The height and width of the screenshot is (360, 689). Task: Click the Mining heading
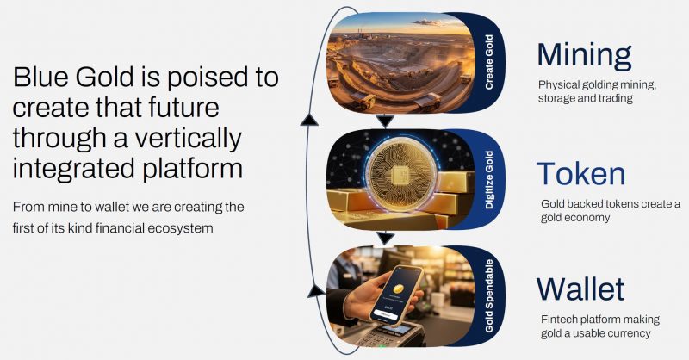(x=584, y=54)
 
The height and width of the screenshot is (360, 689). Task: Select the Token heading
(x=580, y=173)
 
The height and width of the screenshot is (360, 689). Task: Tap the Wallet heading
(x=580, y=289)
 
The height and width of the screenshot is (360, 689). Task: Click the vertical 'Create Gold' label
(x=487, y=63)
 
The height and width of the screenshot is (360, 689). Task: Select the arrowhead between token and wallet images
(x=385, y=238)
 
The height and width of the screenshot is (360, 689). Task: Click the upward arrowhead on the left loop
(x=307, y=120)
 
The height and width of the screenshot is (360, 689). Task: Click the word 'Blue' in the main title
(x=42, y=78)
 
